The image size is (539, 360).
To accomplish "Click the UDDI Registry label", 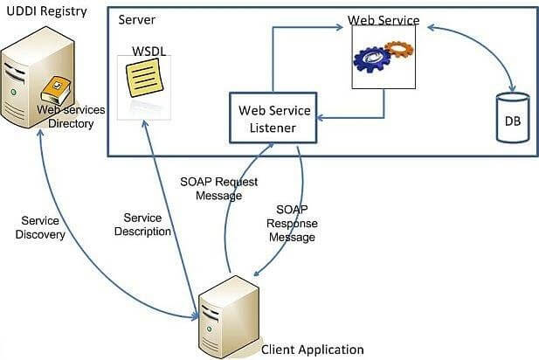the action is pos(47,11).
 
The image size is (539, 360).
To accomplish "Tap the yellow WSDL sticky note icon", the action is pos(144,78).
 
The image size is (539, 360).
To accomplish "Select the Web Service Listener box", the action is pos(273,118).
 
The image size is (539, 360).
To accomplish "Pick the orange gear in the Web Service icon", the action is pos(398,50).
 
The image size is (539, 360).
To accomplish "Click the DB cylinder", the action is pos(513,118).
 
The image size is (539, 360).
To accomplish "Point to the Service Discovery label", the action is pos(40,227).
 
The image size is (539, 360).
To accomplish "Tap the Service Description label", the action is pos(142,225).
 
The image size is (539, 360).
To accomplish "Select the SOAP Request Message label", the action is pos(219,189).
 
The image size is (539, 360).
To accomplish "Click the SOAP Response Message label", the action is pos(292,223).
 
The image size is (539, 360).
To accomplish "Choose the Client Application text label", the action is pos(313,350).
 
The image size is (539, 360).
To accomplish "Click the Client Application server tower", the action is pos(229,317).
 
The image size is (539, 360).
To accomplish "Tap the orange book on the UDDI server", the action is pos(56,90).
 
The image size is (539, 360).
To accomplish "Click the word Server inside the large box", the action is pos(137,19).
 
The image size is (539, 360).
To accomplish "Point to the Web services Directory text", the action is pos(71,116).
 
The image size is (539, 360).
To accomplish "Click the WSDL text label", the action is pos(149,52).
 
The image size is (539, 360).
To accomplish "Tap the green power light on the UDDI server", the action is pos(13,92).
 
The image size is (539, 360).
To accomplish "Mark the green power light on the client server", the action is pos(209,329).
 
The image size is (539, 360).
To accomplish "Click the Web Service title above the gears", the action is pos(384,20).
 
